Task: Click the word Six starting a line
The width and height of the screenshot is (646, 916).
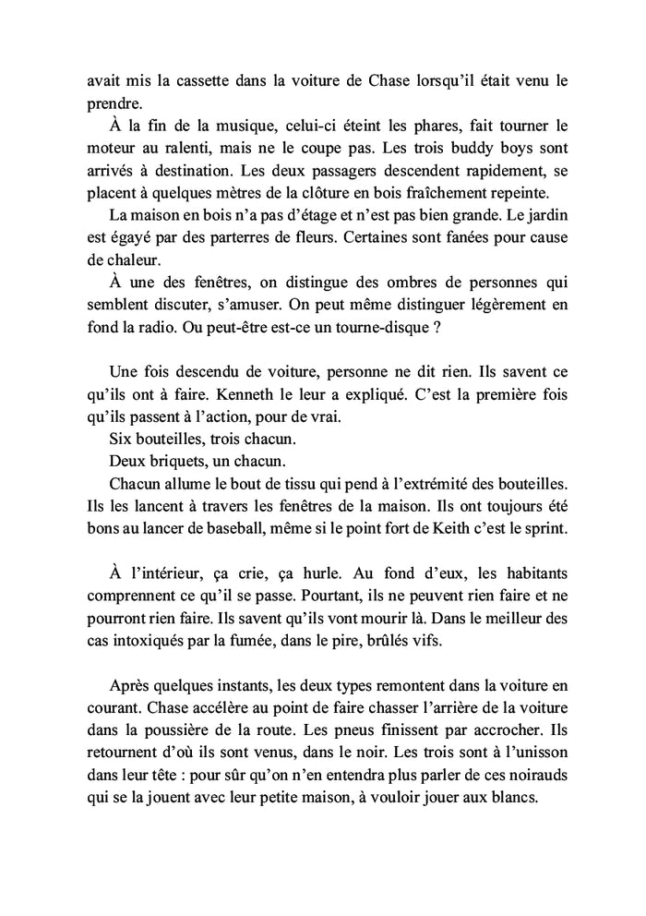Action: [120, 438]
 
